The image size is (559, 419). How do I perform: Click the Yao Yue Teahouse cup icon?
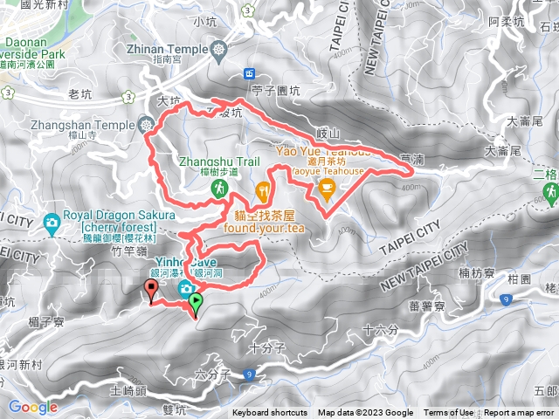tap(327, 188)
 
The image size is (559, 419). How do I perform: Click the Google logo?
tap(33, 407)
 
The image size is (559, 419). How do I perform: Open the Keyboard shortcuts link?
tap(269, 413)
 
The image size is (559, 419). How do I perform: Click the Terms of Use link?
tap(448, 413)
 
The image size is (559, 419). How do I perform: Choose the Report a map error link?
tap(519, 413)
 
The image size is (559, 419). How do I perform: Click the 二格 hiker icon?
tap(550, 191)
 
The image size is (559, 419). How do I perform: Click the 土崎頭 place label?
tap(128, 392)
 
